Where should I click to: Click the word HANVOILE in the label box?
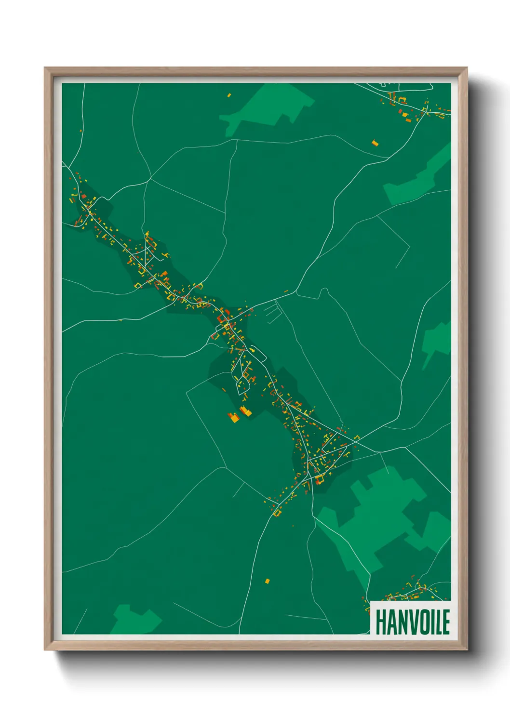412,622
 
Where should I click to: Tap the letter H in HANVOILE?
380,622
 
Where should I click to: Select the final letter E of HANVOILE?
446,622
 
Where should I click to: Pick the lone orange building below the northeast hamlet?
375,143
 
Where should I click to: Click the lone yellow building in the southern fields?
267,581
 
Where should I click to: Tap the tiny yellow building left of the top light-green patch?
229,95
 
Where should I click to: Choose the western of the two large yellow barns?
234,417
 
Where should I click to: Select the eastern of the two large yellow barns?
246,411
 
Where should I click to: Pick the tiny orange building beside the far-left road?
81,131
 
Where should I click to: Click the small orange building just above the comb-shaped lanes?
286,291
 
